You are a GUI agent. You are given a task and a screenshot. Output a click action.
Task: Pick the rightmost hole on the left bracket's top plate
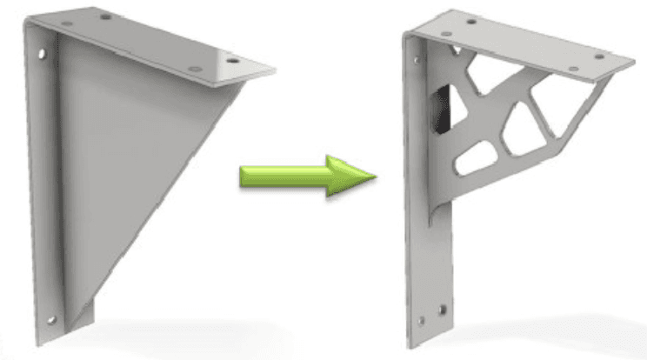[x=232, y=62]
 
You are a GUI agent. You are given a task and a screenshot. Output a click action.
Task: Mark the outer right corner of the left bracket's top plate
[x=275, y=69]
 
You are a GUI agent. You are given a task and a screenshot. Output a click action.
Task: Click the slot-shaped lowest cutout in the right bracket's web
[x=473, y=157]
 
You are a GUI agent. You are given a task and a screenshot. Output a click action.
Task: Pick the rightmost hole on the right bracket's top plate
[x=599, y=57]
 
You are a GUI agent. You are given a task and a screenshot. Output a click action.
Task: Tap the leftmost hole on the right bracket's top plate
[x=470, y=21]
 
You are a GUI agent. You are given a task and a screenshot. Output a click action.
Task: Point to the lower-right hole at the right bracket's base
[x=445, y=308]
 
